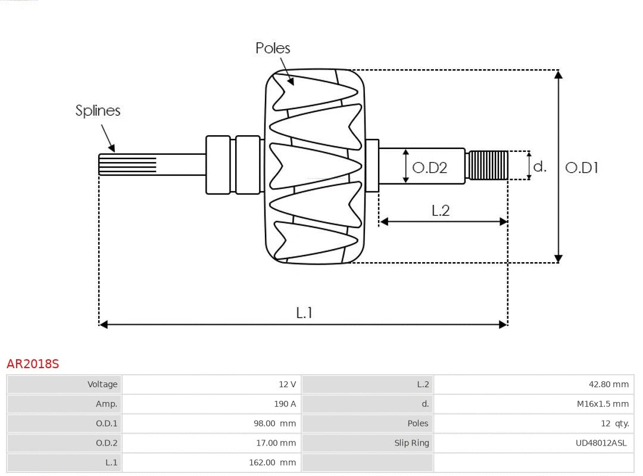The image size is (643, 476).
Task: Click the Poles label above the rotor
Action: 273,48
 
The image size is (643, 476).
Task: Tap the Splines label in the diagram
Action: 98,111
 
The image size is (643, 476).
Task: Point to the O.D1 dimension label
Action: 581,168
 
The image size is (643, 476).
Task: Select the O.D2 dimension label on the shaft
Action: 429,168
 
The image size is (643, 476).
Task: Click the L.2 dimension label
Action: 441,210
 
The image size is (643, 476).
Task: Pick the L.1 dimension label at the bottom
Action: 304,313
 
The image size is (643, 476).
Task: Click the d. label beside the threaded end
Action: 539,166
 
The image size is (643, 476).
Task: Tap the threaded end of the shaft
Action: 488,165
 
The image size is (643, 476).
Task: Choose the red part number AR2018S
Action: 33,364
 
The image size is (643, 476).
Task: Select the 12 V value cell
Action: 287,384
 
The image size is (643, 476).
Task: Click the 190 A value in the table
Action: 285,404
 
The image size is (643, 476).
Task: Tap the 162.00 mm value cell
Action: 272,462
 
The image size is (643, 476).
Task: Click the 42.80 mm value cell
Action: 608,384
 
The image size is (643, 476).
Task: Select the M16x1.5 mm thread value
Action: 603,404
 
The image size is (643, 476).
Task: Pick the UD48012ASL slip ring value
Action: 601,443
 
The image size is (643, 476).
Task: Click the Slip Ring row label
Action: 411,443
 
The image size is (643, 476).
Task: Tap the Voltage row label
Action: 102,384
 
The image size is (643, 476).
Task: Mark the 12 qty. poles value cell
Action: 614,424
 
